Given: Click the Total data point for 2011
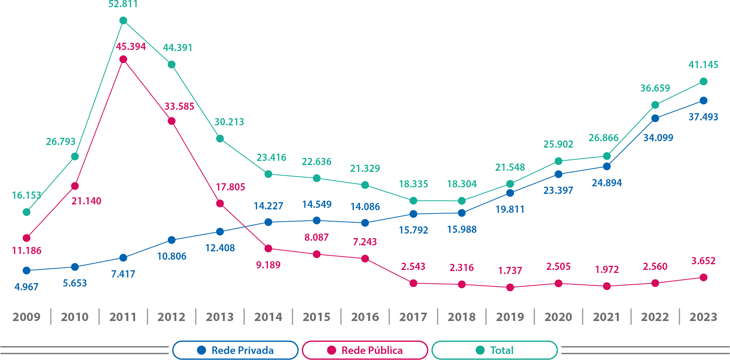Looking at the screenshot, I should [123, 20].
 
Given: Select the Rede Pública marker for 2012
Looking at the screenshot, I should [171, 121].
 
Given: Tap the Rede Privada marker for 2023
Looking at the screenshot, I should [704, 100].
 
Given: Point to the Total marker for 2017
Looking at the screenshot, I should [413, 201].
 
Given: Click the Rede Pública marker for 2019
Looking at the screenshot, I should [510, 288].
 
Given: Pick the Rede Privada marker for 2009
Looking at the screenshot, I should [26, 271].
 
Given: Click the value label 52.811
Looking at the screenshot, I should [123, 5].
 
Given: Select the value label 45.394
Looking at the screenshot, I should [131, 47].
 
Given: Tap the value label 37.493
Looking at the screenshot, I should [703, 117].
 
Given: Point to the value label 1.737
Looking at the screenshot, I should [510, 271].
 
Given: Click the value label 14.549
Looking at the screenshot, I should [317, 204].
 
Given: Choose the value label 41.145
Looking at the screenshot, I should [703, 65].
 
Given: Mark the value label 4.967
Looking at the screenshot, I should [26, 287].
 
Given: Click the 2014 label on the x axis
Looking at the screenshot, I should [268, 317].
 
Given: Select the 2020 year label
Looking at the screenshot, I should [558, 317].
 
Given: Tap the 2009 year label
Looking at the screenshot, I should [26, 317].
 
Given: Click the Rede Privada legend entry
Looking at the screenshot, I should [235, 350].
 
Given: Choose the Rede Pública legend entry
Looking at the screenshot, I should [365, 350].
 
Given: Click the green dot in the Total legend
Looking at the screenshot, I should [480, 350].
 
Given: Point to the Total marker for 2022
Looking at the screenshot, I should [655, 105].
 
